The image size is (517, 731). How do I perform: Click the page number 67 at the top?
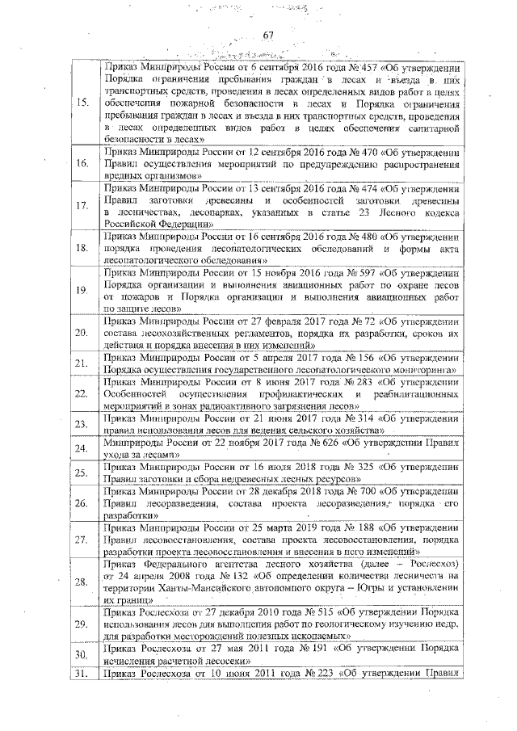tap(270, 33)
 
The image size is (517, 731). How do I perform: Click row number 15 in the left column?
tap(82, 103)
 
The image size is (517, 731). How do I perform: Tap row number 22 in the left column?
tap(82, 393)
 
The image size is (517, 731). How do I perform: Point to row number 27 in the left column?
tap(82, 539)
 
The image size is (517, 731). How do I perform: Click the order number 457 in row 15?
tap(353, 66)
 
